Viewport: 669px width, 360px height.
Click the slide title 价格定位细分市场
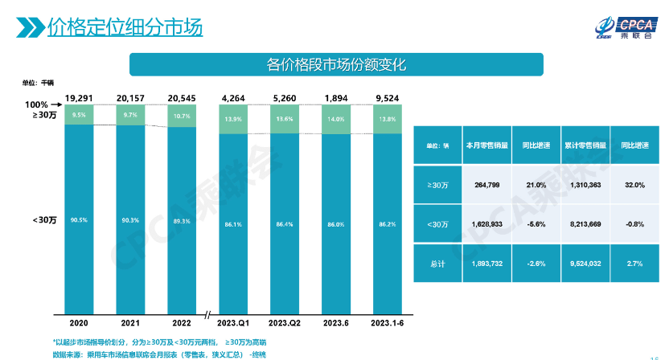point(125,30)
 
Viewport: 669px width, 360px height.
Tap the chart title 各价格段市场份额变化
point(337,64)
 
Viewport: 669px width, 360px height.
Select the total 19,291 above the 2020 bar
point(80,99)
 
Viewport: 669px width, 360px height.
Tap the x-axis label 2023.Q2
point(285,322)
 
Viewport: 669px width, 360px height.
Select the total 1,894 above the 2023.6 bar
point(335,99)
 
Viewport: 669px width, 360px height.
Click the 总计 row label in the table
point(437,261)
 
